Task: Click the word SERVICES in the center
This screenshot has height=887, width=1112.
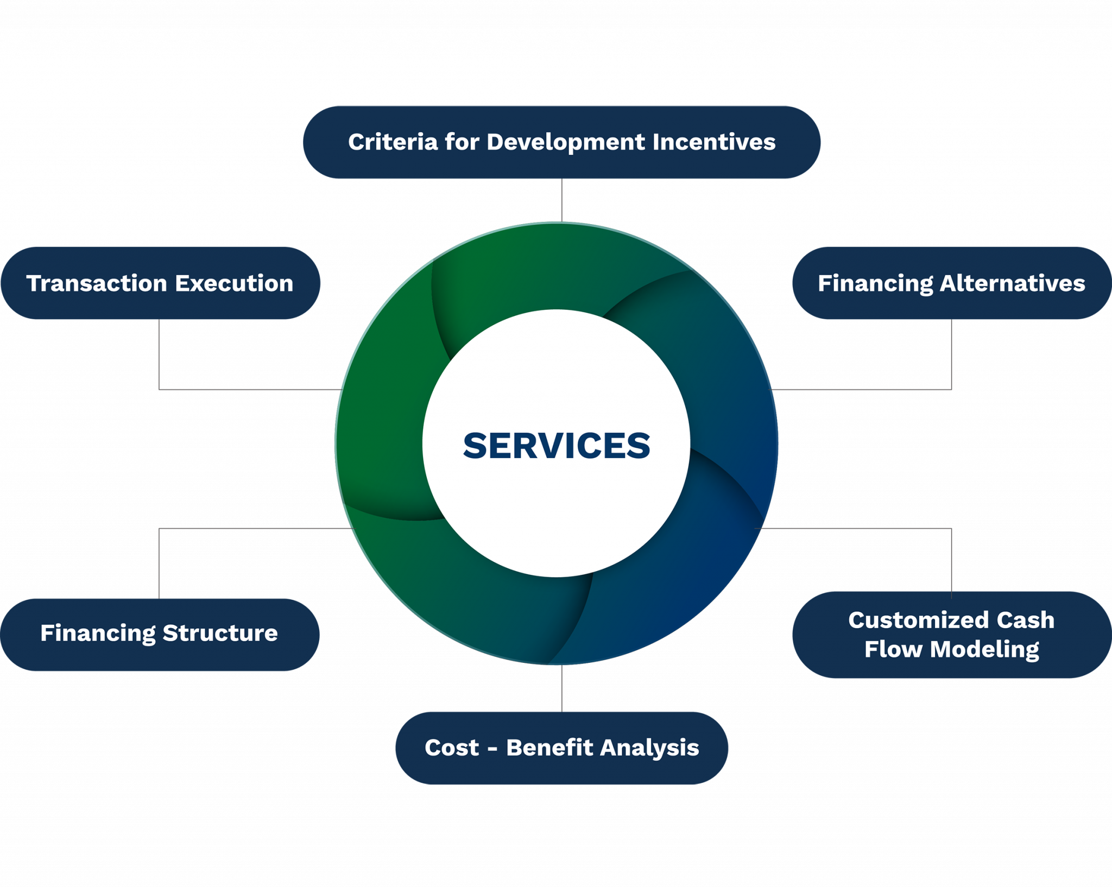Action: pyautogui.click(x=556, y=446)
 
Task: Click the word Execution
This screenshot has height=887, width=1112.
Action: pyautogui.click(x=234, y=283)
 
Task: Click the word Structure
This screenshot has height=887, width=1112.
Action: pyautogui.click(x=220, y=633)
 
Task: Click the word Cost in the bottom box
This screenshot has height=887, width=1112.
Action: pyautogui.click(x=452, y=748)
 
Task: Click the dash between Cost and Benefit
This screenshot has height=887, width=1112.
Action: pyautogui.click(x=492, y=749)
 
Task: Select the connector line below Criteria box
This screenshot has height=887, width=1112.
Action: pyautogui.click(x=561, y=200)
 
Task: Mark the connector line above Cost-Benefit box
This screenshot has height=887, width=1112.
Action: pyautogui.click(x=561, y=688)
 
